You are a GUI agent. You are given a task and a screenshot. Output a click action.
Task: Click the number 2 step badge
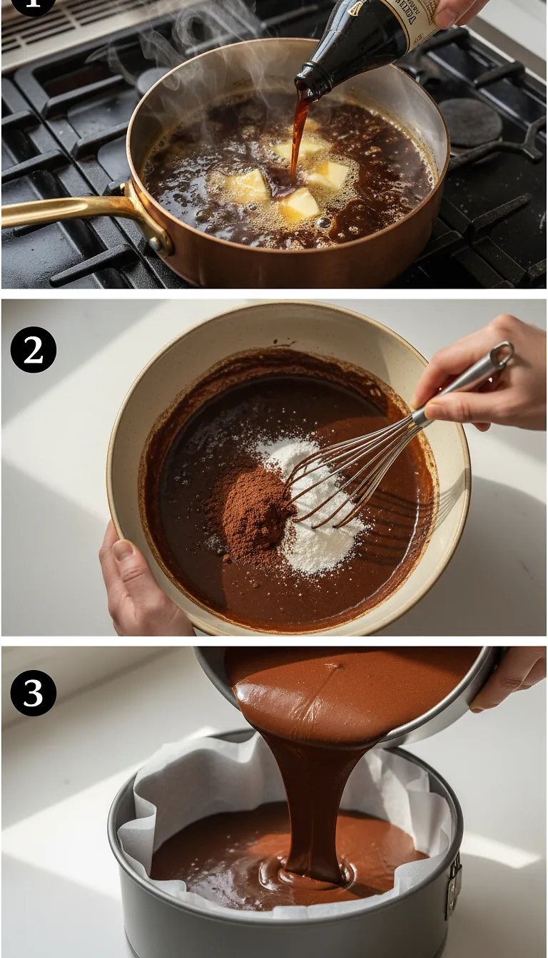click(x=34, y=349)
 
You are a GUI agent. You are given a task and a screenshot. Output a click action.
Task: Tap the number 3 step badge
click(x=34, y=693)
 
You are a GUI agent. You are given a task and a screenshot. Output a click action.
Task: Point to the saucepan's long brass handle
click(x=64, y=212)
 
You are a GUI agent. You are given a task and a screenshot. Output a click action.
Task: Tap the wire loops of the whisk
click(x=342, y=470)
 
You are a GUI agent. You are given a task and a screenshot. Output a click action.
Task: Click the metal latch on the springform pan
click(x=453, y=884)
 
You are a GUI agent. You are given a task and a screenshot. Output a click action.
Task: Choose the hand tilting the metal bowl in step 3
click(x=510, y=677)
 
